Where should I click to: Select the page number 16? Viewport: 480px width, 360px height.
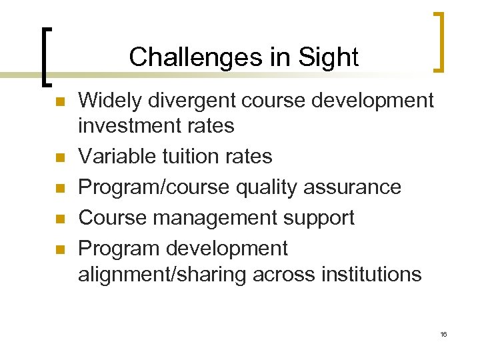(443, 334)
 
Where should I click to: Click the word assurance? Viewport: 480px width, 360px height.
(353, 187)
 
